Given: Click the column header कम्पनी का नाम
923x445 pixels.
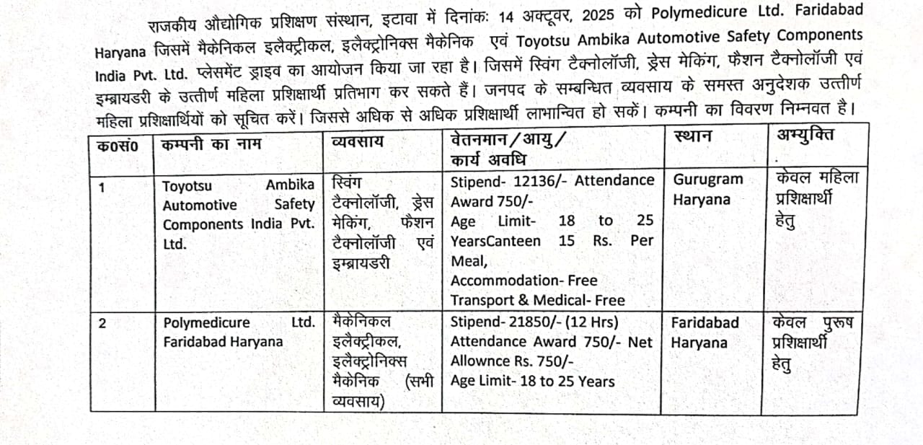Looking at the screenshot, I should tap(212, 144).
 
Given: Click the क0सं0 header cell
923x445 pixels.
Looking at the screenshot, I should tap(118, 144).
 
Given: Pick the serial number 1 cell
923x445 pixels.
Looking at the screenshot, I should tap(102, 188).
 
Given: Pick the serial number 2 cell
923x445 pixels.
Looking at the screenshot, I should tap(102, 324).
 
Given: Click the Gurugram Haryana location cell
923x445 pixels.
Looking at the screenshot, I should tap(707, 189).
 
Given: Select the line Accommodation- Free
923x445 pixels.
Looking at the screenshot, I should tap(524, 280).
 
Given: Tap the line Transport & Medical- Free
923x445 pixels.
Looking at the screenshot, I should tap(538, 299).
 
